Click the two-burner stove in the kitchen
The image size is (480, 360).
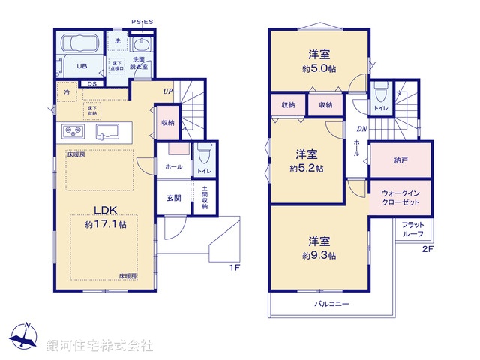[75, 132]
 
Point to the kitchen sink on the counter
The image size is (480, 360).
[112, 131]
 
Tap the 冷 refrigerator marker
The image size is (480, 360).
[67, 92]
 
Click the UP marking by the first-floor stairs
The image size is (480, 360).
[169, 91]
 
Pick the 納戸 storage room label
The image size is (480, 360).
[400, 160]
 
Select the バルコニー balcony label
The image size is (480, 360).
[331, 304]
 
